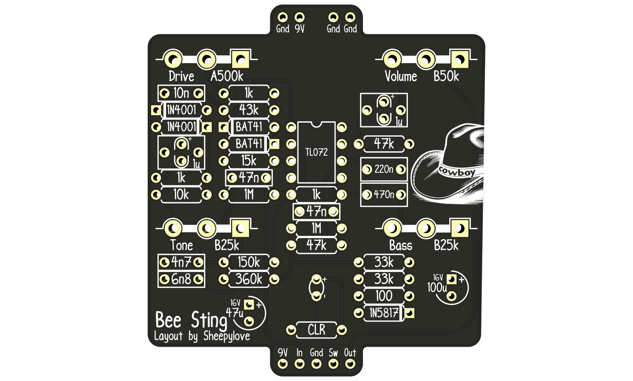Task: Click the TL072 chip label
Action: [316, 152]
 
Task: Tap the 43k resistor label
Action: [249, 110]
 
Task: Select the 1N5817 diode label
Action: [384, 313]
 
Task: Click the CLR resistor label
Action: [316, 330]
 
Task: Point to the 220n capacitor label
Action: [384, 169]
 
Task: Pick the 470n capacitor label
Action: [384, 194]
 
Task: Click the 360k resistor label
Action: [249, 279]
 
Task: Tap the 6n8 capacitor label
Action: [181, 279]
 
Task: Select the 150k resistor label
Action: [249, 262]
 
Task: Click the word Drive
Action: [181, 76]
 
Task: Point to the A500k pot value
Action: [227, 76]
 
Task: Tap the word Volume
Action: [401, 76]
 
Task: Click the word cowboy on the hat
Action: [456, 172]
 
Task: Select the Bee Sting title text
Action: [191, 320]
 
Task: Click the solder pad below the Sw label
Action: [333, 364]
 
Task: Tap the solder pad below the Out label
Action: [350, 364]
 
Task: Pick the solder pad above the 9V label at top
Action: [300, 17]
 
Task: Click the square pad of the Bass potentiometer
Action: [460, 228]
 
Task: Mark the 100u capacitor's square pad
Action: [451, 279]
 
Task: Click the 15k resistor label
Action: [249, 160]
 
